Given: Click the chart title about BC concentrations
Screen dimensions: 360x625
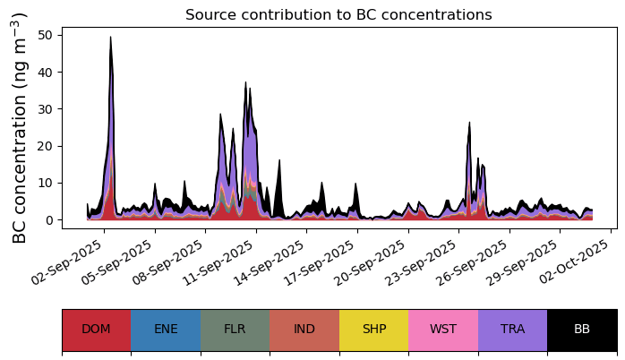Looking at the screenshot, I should pyautogui.click(x=338, y=15).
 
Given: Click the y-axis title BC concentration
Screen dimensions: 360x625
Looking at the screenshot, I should pyautogui.click(x=21, y=128).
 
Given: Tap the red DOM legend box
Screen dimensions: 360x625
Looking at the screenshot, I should pyautogui.click(x=96, y=330).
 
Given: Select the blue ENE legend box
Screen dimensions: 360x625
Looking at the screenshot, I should pyautogui.click(x=166, y=330).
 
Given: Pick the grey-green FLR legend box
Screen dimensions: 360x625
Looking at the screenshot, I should pyautogui.click(x=235, y=330).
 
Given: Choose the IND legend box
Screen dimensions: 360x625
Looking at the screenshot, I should pyautogui.click(x=304, y=330).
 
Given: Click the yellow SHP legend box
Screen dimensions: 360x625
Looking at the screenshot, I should pyautogui.click(x=373, y=330).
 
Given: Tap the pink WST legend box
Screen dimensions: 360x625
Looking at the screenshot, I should pyautogui.click(x=443, y=330).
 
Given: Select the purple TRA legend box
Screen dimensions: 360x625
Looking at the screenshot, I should pyautogui.click(x=512, y=330).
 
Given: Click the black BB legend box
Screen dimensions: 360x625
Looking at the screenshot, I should pyautogui.click(x=582, y=330).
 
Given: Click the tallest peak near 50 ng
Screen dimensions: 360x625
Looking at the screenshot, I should pyautogui.click(x=110, y=38).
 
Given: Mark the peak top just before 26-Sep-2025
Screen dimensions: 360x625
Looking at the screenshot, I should pyautogui.click(x=469, y=123).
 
